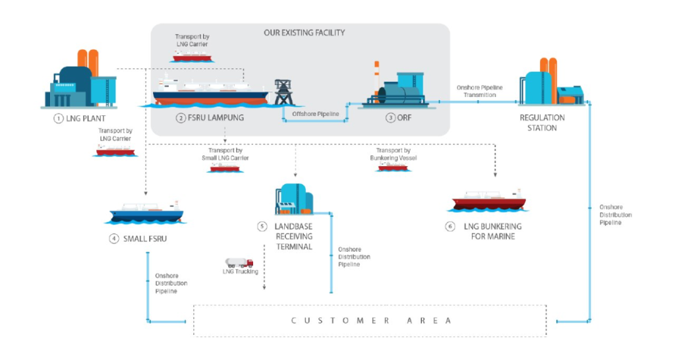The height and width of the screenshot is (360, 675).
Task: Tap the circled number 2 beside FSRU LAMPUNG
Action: (181, 119)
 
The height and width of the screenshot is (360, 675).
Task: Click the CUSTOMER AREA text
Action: (371, 320)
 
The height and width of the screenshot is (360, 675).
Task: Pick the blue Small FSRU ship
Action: (146, 211)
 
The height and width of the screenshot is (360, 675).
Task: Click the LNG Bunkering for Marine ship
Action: (490, 199)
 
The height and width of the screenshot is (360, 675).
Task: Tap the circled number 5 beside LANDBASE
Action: (262, 226)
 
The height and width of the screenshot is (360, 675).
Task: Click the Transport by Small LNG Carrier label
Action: (225, 154)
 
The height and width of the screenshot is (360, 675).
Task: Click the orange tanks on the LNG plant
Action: (88, 63)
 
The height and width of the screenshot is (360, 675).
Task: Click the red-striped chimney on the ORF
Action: (376, 73)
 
